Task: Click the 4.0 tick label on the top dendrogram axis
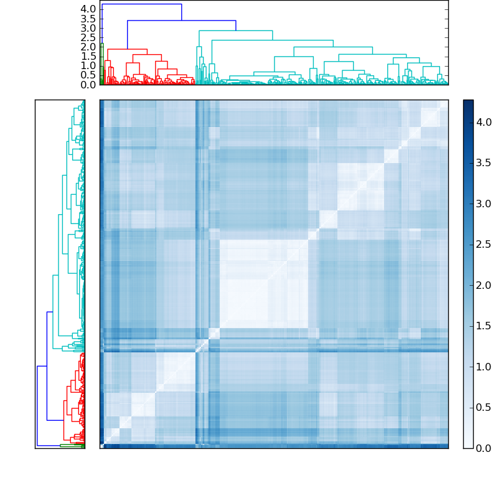click(x=88, y=9)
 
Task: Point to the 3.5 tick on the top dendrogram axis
click(x=88, y=19)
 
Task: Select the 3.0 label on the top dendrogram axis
click(x=88, y=28)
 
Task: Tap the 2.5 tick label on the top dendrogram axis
click(x=88, y=37)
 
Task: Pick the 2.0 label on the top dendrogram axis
click(x=88, y=47)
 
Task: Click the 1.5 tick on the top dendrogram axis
click(x=88, y=56)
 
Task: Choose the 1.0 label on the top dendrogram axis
click(x=88, y=65)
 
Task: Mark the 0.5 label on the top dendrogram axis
click(x=88, y=75)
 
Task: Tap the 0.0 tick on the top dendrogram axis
click(x=88, y=85)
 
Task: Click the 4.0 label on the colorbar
click(x=484, y=123)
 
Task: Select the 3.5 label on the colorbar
click(x=484, y=163)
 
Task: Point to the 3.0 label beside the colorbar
click(x=484, y=204)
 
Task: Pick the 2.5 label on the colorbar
click(x=484, y=245)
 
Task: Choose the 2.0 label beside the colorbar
click(x=484, y=285)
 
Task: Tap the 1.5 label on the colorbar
click(x=484, y=326)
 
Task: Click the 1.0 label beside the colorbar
click(x=484, y=367)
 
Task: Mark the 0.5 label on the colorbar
click(x=484, y=407)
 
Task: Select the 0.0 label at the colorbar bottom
click(x=484, y=448)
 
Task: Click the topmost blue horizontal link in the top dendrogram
click(x=142, y=4)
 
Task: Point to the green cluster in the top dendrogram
click(x=101, y=62)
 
